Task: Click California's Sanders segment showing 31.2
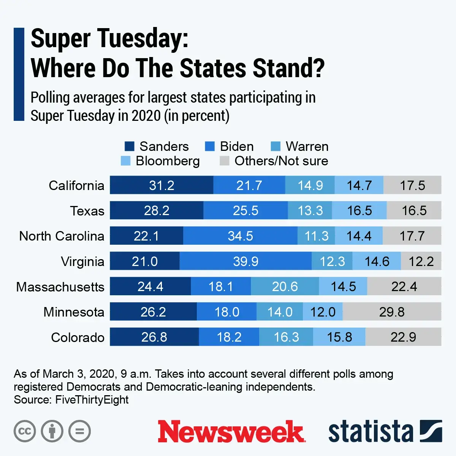161,185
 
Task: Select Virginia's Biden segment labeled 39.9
245,261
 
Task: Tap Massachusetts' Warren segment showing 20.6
285,286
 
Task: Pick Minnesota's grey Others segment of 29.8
392,312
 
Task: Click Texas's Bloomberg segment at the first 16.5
359,211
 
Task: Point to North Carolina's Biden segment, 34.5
240,236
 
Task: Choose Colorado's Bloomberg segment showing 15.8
339,337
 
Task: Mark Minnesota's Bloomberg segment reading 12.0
323,312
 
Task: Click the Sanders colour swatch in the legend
129,146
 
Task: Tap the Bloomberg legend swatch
125,161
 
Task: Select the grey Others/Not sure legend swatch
224,161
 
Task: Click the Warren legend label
307,146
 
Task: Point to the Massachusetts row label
60,287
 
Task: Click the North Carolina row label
62,236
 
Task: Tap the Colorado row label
78,337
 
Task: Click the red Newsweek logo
231,431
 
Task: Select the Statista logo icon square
431,431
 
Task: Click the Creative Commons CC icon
25,431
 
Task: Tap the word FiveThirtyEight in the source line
92,400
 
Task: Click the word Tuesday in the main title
138,39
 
